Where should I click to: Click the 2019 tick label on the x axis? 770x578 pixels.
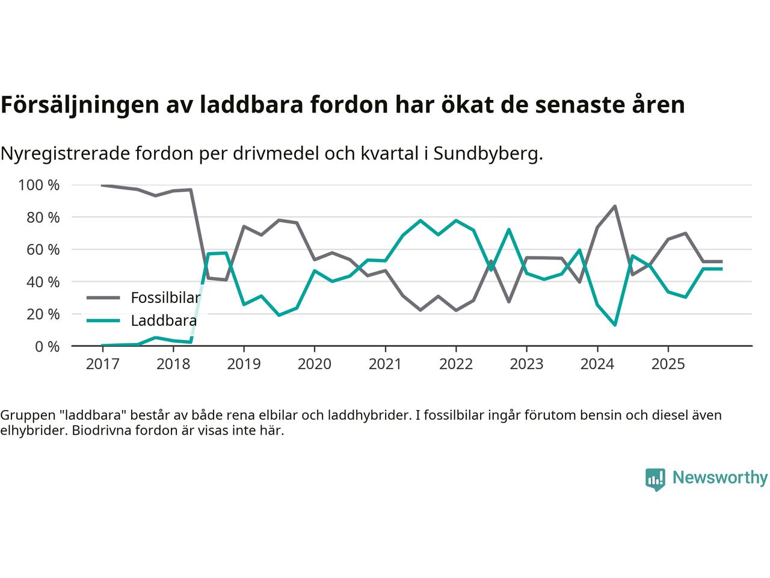[244, 364]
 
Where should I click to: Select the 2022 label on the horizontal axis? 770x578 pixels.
[455, 364]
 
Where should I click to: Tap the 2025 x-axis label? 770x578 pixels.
[668, 364]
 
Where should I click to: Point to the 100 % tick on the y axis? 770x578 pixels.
[39, 185]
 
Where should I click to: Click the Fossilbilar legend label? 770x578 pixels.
[165, 297]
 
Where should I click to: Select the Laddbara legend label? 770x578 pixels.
[164, 320]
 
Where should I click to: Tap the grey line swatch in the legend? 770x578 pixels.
[103, 297]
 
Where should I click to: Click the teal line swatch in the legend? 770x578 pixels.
[103, 320]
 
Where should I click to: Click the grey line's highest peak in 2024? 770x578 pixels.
[614, 207]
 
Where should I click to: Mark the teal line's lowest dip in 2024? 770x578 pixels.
[614, 325]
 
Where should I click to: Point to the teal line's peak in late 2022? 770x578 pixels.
[509, 229]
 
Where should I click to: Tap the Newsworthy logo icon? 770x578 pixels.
[655, 479]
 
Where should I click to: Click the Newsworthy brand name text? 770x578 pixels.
[719, 478]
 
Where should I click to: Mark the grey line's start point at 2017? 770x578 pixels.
[102, 185]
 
